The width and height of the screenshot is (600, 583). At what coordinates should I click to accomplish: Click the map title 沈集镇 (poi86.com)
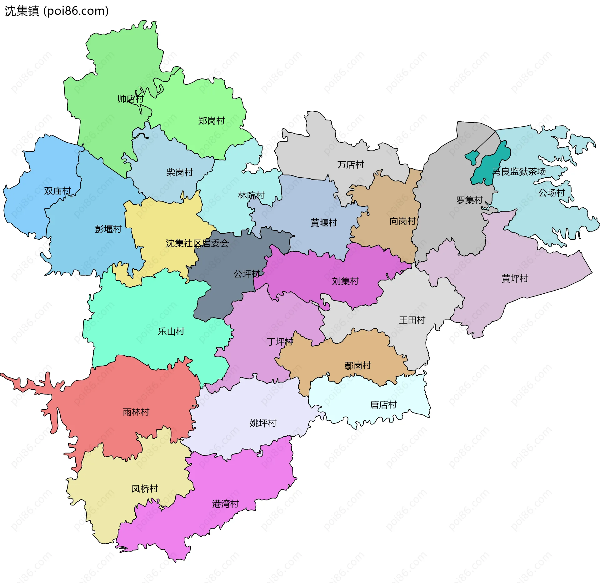[x=57, y=11]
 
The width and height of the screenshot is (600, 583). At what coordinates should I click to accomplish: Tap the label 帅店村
[x=131, y=99]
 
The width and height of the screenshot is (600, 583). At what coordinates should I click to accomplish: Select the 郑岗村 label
[x=211, y=121]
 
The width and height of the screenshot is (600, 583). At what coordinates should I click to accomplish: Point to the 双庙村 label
[x=57, y=191]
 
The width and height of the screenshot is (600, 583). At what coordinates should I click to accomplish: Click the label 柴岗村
[x=179, y=172]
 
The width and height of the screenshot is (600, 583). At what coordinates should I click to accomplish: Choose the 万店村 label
[x=350, y=165]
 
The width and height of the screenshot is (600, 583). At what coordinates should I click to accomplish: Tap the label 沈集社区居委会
[x=197, y=243]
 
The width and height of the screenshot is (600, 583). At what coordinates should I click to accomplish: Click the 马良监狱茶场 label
[x=519, y=171]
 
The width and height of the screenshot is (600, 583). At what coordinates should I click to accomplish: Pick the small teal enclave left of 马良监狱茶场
[x=472, y=156]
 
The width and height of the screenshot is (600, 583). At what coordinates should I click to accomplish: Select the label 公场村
[x=551, y=193]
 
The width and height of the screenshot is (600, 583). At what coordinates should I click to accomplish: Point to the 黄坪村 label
[x=514, y=278]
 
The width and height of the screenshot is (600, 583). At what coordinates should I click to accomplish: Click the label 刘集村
[x=345, y=281]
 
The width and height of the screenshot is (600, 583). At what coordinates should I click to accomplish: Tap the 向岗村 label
[x=402, y=221]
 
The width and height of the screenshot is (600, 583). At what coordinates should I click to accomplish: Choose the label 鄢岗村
[x=357, y=365]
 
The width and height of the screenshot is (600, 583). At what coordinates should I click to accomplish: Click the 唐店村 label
[x=383, y=405]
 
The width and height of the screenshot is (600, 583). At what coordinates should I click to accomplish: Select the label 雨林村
[x=136, y=412]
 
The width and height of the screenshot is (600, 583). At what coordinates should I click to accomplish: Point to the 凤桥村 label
[x=144, y=489]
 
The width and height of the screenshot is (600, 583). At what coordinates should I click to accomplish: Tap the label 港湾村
[x=225, y=504]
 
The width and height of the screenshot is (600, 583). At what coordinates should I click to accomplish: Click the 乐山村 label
[x=171, y=332]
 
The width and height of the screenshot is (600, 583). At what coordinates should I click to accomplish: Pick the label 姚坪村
[x=263, y=423]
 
